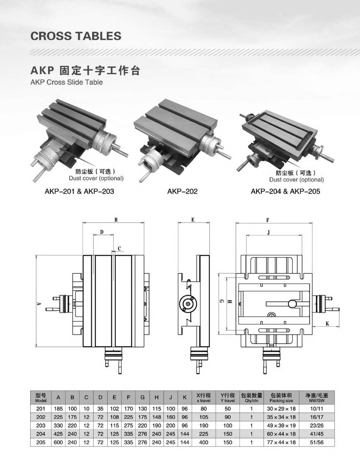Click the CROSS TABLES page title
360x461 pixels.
coord(76,36)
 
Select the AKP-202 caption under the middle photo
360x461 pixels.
coord(182,191)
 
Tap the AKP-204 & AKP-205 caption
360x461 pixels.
coord(285,191)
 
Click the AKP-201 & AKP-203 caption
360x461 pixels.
coord(79,191)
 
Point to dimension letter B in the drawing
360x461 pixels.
coord(116,220)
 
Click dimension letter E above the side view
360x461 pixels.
coord(193,220)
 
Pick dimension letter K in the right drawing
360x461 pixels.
coord(327,324)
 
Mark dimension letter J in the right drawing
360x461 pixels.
coord(269,233)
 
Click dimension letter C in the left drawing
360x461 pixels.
coord(119,249)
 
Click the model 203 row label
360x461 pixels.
coord(41,425)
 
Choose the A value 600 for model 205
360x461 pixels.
coord(58,442)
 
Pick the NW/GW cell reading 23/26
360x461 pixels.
coord(317,425)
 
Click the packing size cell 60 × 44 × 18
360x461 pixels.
coord(281,434)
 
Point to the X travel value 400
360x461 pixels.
coord(204,442)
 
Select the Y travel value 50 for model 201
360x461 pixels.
coord(227,409)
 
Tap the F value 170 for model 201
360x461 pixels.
coord(128,409)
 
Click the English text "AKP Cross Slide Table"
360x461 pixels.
coord(66,82)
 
